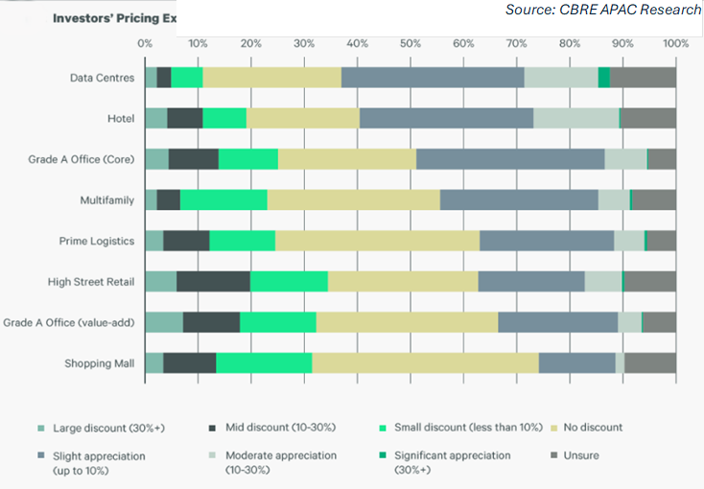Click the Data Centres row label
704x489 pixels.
pos(103,78)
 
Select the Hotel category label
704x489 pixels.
pos(121,119)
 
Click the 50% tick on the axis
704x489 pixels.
pos(410,43)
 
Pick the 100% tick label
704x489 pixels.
pos(675,43)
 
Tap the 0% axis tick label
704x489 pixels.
pos(145,43)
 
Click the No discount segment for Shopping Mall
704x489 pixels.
pos(425,363)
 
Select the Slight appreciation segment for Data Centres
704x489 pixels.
pos(433,78)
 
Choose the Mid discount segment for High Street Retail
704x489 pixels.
pos(213,281)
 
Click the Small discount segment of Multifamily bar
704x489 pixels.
pos(223,199)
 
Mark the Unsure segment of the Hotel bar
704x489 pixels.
pos(648,118)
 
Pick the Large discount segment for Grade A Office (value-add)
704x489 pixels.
pos(163,322)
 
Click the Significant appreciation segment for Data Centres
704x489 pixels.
pos(603,78)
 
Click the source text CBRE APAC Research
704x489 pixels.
pos(603,11)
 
